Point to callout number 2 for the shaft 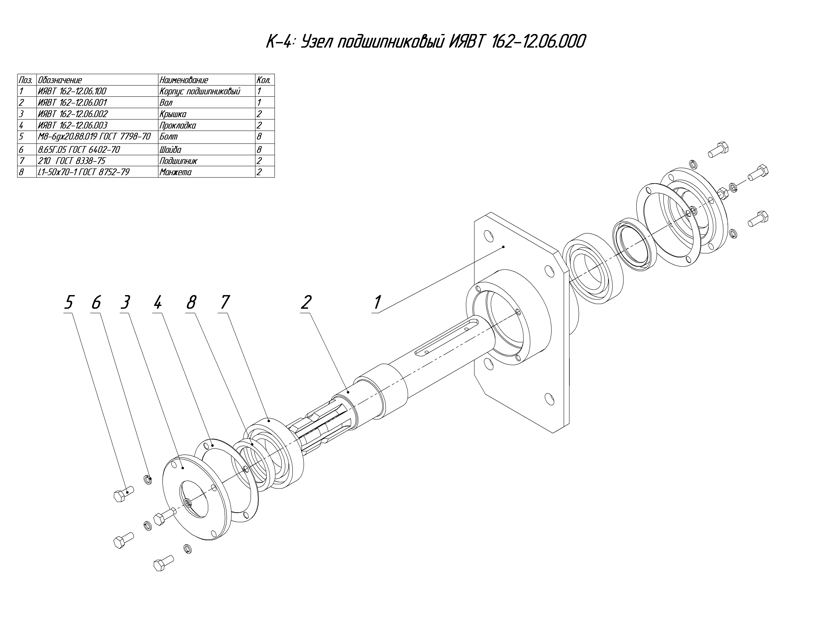tap(306, 302)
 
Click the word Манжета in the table tap(175, 172)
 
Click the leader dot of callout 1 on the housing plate tap(504, 247)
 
